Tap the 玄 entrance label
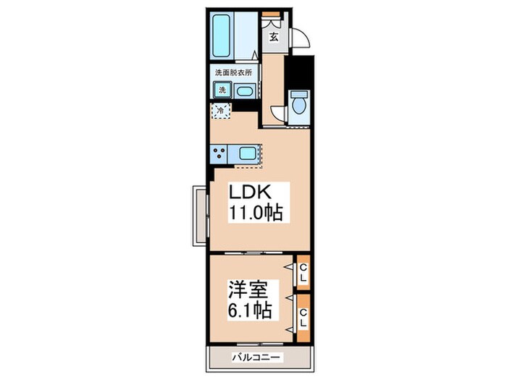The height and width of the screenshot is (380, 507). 274,38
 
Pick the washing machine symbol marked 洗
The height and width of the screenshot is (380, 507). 222,90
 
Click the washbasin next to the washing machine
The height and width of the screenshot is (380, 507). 244,91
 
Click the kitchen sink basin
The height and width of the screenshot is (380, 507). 246,153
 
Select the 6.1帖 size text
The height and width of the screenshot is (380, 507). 250,311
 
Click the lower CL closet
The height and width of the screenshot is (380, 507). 303,317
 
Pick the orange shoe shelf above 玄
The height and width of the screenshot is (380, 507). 272,14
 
